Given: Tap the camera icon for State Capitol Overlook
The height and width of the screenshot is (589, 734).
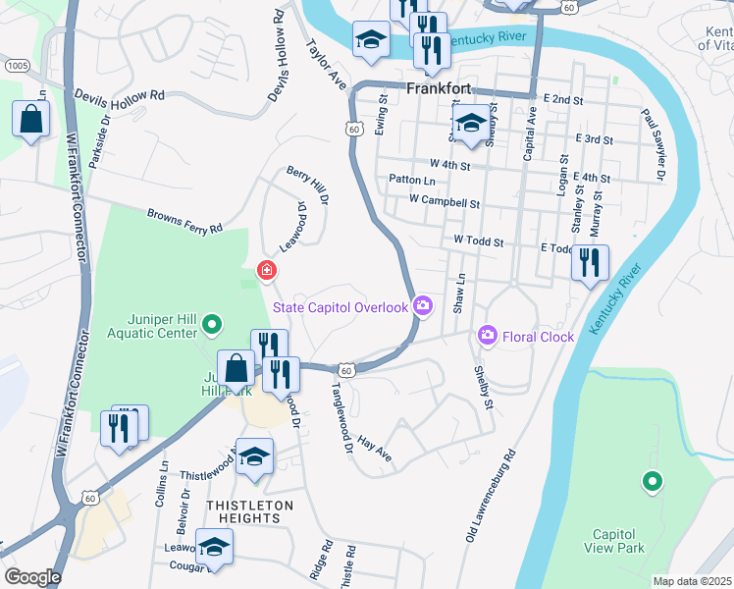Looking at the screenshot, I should (x=423, y=306).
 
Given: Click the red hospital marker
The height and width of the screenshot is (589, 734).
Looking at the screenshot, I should (x=265, y=270).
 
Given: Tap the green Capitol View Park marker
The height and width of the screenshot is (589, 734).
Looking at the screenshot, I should (x=650, y=481).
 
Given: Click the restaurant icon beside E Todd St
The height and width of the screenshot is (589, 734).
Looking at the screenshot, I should (x=590, y=263).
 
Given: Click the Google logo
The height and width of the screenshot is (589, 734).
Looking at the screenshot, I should (x=32, y=577).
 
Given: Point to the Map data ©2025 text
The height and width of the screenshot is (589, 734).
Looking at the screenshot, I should (x=692, y=581).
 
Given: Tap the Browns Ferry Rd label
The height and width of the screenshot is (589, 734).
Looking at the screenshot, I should (x=185, y=221).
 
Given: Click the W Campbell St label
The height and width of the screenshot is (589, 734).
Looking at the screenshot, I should (x=446, y=204).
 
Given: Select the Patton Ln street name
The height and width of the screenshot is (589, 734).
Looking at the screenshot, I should (x=411, y=180).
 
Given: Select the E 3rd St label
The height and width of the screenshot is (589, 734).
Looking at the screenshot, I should (x=596, y=140).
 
